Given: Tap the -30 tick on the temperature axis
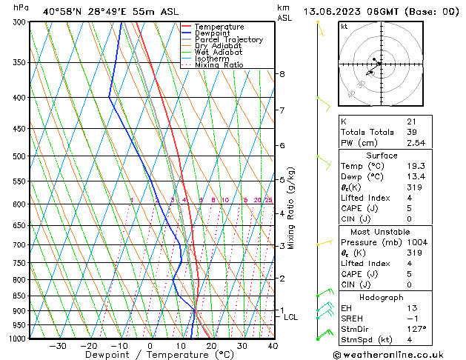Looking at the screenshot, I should (x=58, y=346).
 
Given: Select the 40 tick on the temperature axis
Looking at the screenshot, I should (x=273, y=346).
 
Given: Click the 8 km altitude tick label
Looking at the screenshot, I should (x=282, y=74).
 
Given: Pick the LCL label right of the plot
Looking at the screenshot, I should (x=291, y=317).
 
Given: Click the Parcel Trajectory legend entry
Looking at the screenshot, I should (x=228, y=40).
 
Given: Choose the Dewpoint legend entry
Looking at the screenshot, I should (x=214, y=33).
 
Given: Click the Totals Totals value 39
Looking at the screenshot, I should (x=411, y=132).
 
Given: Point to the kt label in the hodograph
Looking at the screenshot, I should (x=344, y=26).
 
